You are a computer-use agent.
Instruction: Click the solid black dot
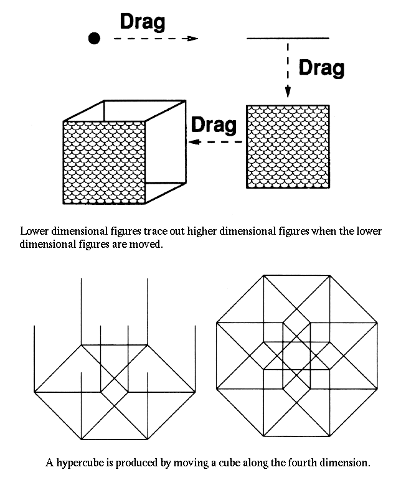94,39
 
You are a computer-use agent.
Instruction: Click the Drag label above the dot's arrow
143,22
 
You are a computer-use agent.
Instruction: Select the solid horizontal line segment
288,39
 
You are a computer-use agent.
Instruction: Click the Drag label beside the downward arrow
321,68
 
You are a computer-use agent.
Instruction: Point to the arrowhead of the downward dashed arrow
288,92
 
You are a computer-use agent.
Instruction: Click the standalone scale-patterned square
288,146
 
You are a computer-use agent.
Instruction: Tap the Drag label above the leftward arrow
214,125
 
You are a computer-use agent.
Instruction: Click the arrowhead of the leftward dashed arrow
194,142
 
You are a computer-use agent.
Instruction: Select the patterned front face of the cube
104,162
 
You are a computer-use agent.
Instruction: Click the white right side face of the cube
166,151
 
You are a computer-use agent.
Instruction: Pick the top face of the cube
125,110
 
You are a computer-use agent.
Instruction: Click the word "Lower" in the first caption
34,231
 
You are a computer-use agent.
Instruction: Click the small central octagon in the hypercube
297,356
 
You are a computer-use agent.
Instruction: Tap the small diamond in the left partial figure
115,392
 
